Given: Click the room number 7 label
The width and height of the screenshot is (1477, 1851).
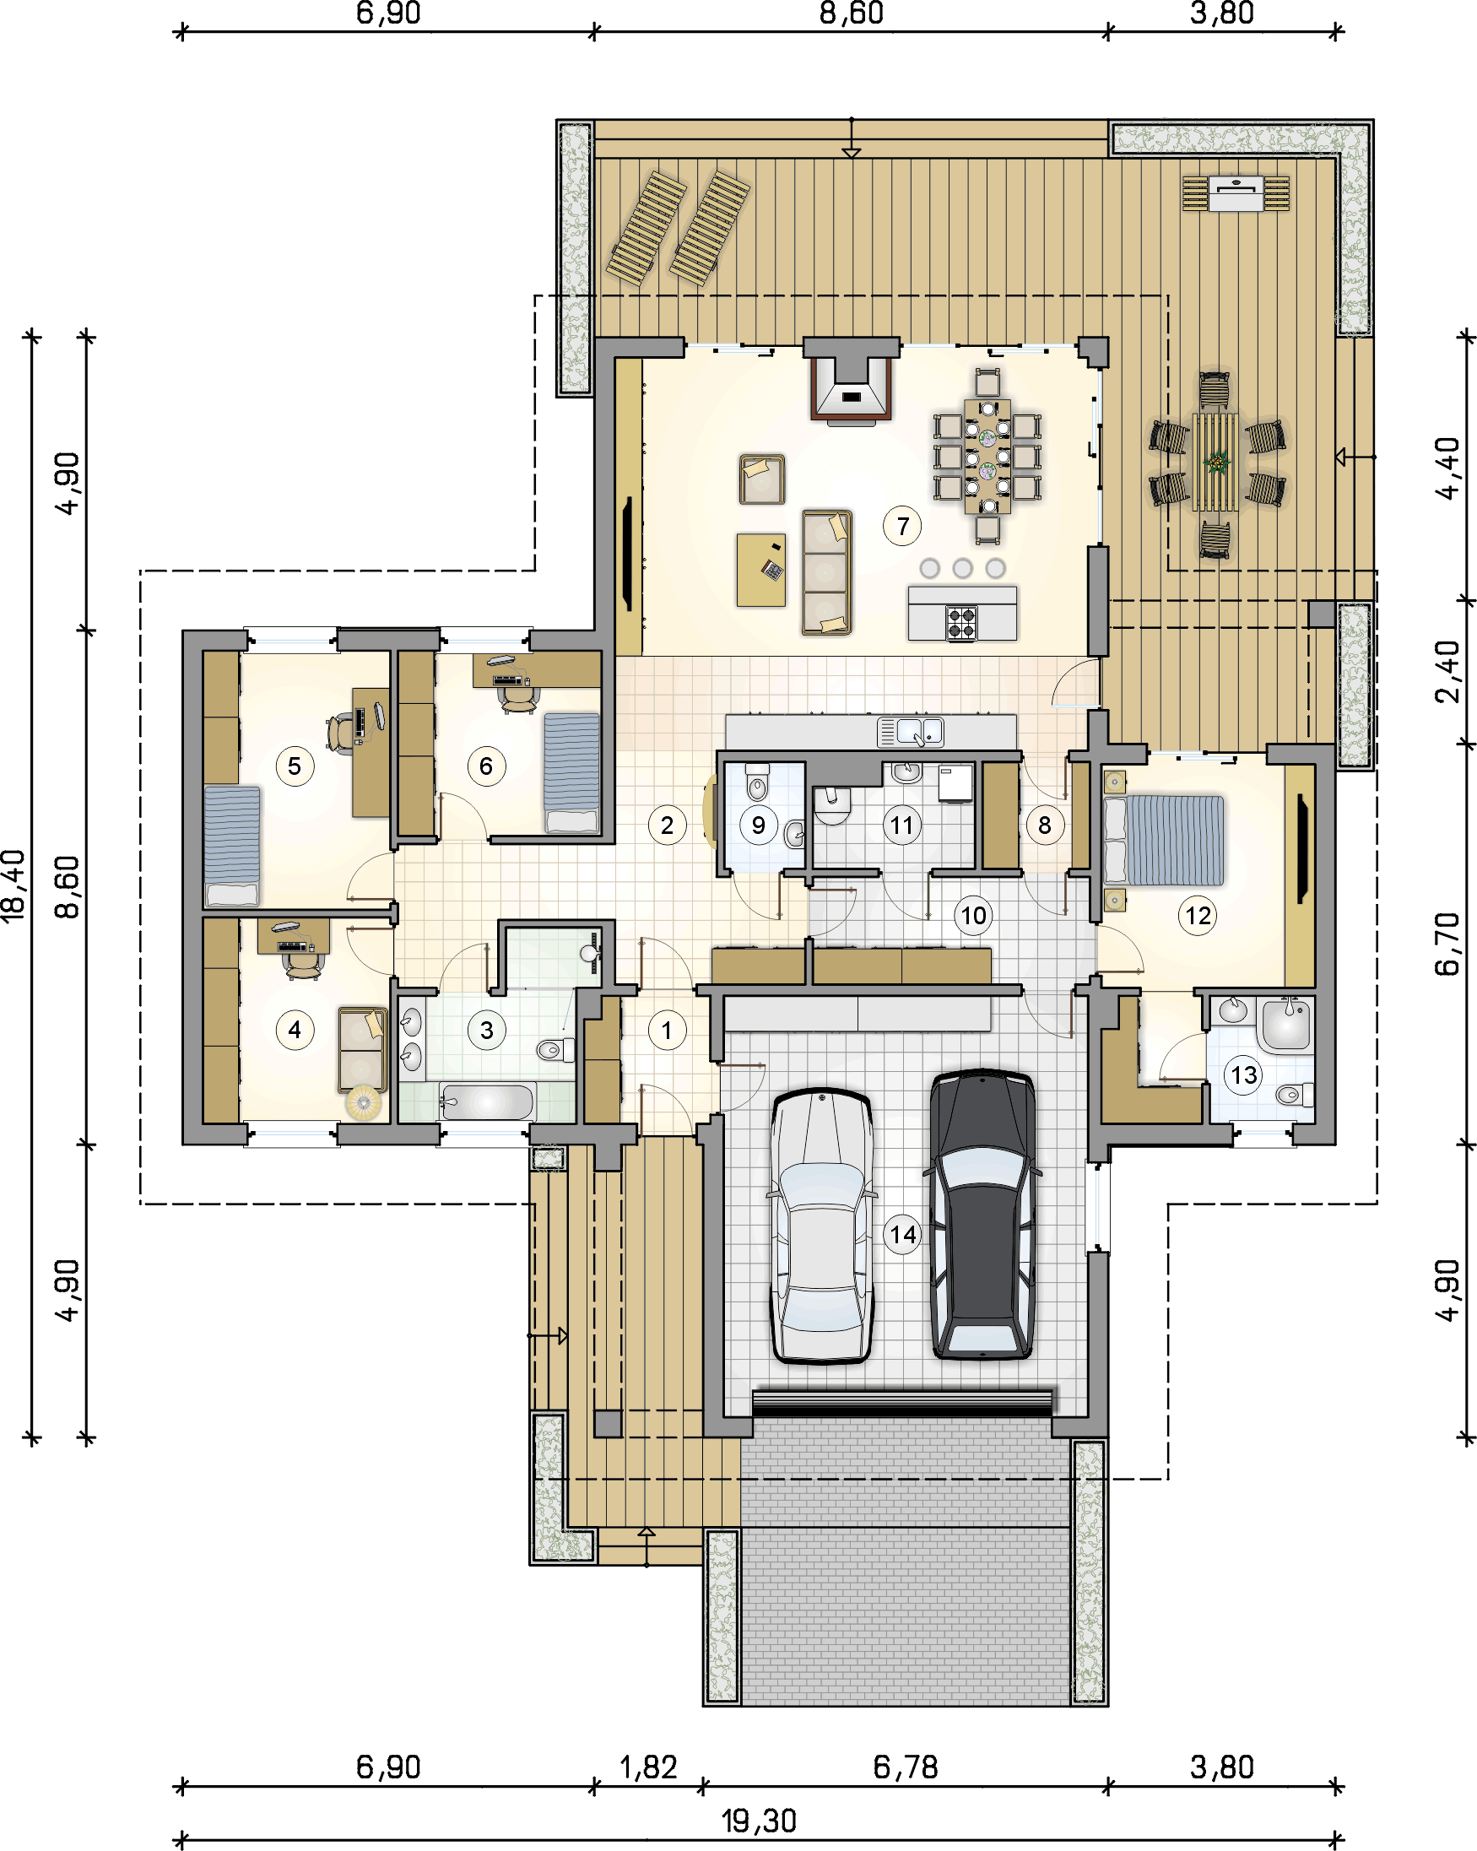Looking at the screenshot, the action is [901, 526].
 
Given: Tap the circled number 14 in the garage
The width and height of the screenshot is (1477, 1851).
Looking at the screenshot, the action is [901, 1235].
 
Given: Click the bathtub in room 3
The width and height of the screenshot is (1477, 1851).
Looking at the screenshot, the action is [487, 1101].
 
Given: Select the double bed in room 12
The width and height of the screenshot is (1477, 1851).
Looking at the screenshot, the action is [1164, 841].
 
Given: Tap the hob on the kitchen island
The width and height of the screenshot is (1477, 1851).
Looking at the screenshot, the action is [961, 621].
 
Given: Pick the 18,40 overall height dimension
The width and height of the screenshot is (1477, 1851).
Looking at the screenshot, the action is [14, 885].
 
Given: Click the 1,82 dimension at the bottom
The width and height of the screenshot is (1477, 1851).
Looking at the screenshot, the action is [648, 1767].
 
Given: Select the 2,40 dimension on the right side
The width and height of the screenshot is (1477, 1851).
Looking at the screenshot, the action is [1447, 670].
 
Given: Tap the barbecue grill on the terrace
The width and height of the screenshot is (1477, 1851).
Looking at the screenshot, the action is [1236, 193].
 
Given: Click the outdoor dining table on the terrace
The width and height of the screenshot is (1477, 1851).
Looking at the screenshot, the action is [1215, 462].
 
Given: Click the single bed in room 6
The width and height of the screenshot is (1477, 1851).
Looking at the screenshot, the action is [572, 771].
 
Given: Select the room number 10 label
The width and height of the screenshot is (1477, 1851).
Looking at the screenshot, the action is [973, 915].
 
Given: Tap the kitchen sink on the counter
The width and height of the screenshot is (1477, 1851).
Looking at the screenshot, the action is [910, 733].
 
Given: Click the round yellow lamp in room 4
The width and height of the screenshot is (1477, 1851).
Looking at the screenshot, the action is [362, 1102].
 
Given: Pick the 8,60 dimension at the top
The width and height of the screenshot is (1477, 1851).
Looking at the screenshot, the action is [851, 14].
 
